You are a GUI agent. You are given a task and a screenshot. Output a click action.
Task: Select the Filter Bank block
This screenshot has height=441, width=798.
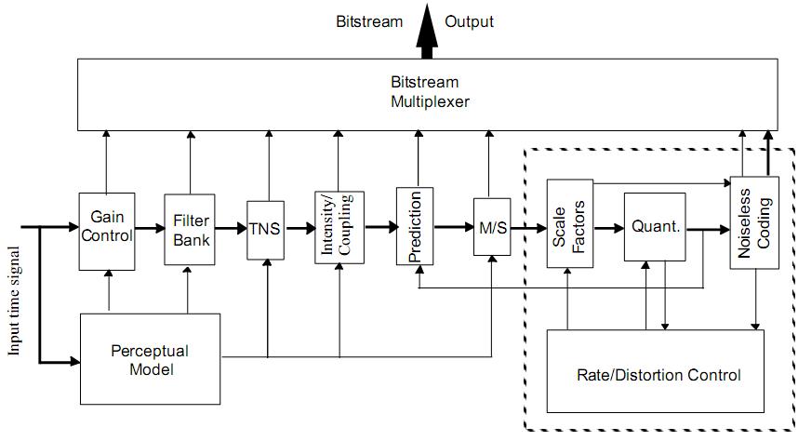point(190,229)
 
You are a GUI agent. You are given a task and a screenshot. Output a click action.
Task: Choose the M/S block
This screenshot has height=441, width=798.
point(492,227)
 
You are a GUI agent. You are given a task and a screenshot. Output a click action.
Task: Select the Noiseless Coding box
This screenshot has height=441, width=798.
point(753,223)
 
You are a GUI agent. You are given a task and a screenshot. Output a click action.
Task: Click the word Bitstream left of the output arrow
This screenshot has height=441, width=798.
point(368,21)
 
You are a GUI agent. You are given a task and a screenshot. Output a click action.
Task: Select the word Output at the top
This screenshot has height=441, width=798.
point(469,21)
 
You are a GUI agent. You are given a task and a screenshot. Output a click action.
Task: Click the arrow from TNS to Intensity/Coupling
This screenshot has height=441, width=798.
point(299,227)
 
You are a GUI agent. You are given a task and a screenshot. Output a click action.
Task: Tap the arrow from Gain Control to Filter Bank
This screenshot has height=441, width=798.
point(149,227)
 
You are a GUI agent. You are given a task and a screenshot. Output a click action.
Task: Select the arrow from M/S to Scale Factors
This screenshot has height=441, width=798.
point(528,227)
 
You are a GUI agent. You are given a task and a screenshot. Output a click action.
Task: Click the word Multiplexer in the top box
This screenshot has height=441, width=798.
point(430,100)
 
